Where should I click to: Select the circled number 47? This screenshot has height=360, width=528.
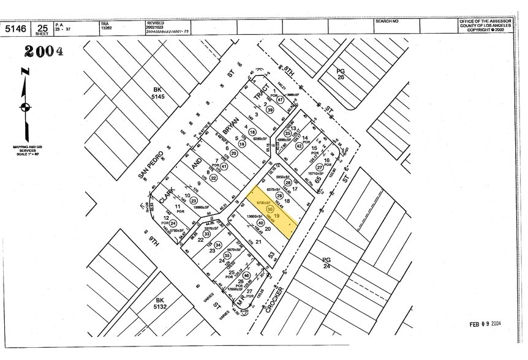(280, 100)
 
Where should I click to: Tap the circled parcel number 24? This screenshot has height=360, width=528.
(173, 223)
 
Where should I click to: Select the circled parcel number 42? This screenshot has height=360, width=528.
(300, 146)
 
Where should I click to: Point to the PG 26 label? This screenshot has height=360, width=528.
(341, 74)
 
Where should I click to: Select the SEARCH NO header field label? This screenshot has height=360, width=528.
(387, 21)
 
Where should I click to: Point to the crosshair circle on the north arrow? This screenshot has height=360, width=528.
(25, 107)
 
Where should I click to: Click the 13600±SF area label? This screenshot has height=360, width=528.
(254, 217)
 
